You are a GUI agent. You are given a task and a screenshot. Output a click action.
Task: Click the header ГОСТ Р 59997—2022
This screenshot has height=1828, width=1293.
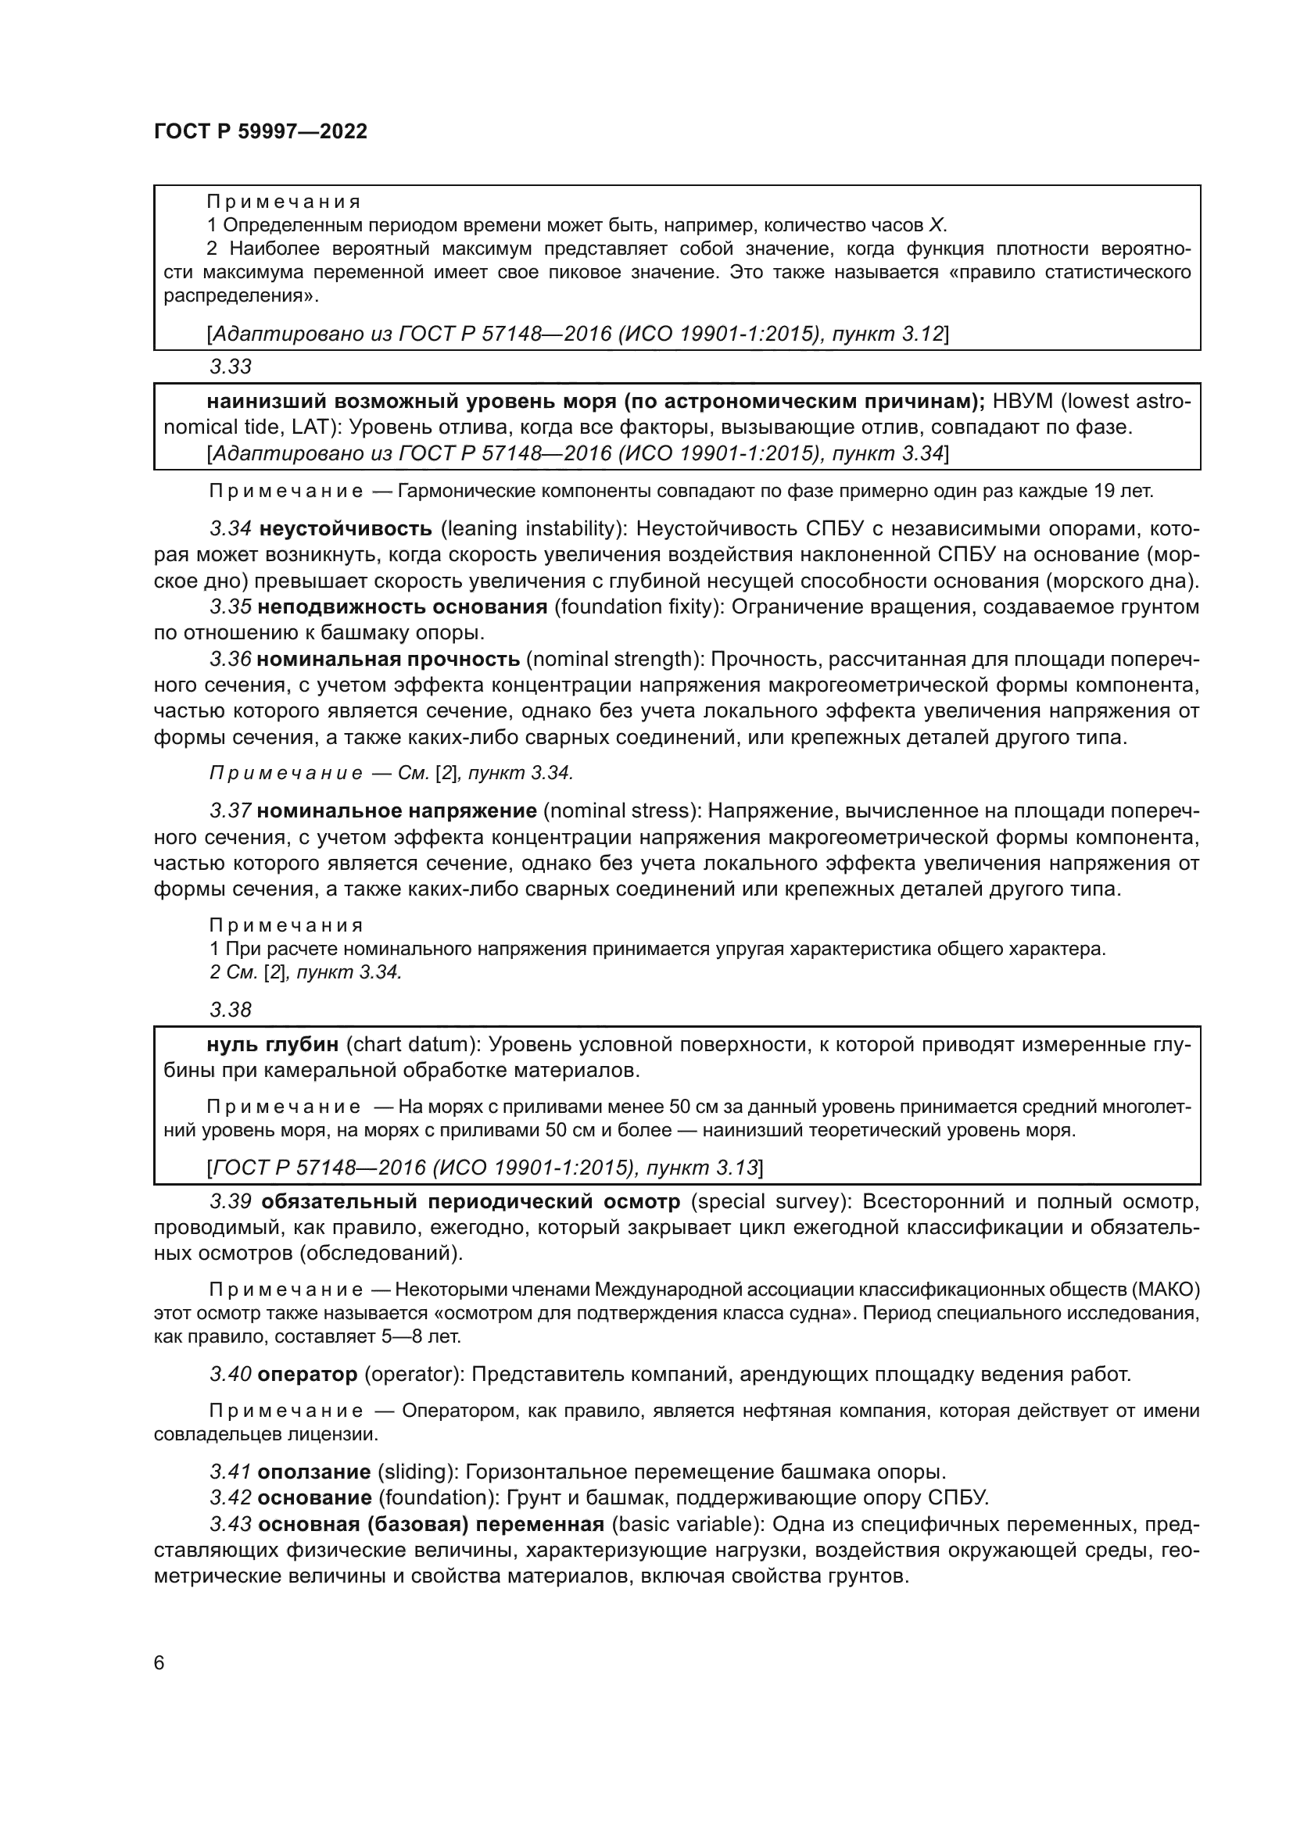pyautogui.click(x=260, y=132)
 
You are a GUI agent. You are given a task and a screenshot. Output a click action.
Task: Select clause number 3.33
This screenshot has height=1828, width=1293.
pyautogui.click(x=230, y=367)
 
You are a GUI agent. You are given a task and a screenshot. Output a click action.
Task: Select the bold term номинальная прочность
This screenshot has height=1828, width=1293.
pyautogui.click(x=389, y=660)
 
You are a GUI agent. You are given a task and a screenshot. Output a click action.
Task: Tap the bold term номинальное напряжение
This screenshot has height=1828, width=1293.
pyautogui.click(x=397, y=811)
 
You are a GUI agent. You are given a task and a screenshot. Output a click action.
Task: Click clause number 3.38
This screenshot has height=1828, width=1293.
pyautogui.click(x=230, y=1011)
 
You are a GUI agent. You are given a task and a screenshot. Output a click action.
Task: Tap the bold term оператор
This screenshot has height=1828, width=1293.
pyautogui.click(x=307, y=1374)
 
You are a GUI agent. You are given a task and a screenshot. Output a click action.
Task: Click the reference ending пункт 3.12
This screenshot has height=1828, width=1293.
pyautogui.click(x=887, y=334)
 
